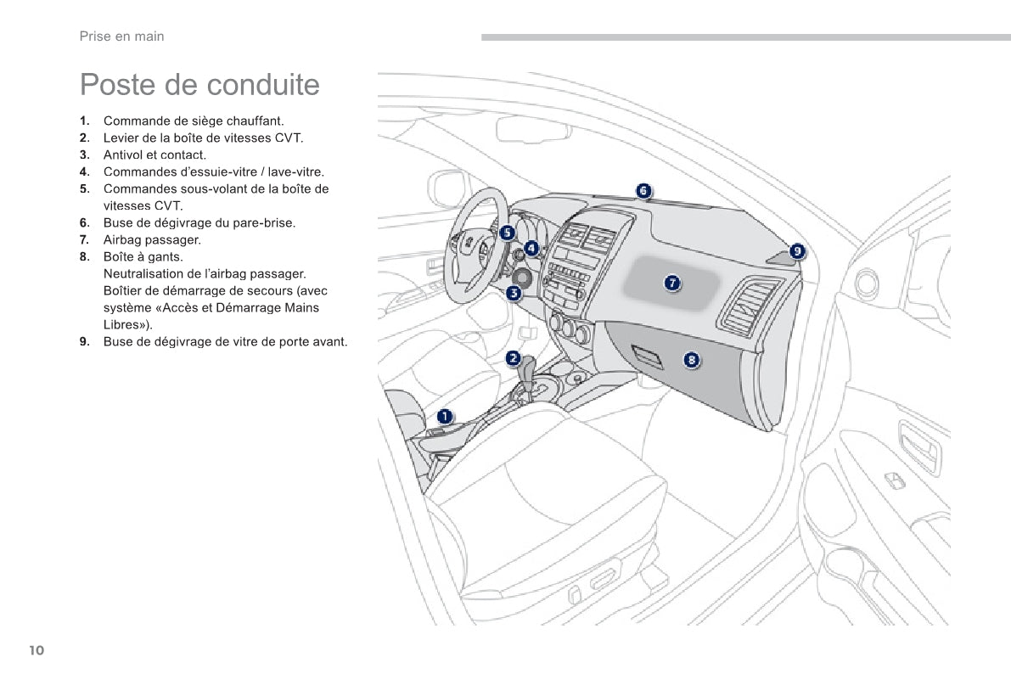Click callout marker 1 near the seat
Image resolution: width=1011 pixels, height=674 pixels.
coord(445,416)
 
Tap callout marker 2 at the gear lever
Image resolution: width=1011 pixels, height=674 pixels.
coord(514,358)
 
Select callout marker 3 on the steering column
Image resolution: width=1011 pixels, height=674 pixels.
coord(514,294)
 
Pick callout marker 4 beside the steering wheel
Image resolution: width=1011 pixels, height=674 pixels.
coord(531,248)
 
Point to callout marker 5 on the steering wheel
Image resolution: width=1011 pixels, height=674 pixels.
coord(507,233)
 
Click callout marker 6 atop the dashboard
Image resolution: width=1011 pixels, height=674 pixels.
coord(643,190)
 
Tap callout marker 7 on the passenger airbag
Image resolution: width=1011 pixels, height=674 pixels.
coord(671,283)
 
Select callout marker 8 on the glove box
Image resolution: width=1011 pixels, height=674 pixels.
coord(692,360)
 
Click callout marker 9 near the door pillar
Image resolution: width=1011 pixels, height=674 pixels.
coord(797,250)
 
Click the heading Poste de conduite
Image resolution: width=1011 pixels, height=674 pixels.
coord(199,85)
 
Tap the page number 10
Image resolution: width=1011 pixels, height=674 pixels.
coord(36,650)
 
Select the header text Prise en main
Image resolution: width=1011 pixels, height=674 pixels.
coord(121,37)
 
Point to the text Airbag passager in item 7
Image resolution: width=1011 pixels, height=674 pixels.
coord(152,239)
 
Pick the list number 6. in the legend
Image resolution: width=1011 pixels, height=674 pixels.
coord(85,222)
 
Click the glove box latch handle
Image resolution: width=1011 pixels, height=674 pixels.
coord(647,357)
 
